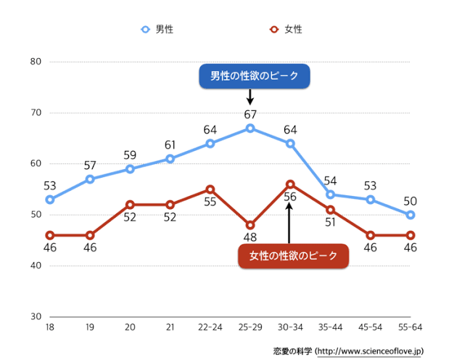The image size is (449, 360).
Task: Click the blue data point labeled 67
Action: pos(250,128)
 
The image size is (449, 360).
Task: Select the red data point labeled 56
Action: pos(290,184)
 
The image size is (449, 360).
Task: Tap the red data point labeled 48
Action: pos(250,225)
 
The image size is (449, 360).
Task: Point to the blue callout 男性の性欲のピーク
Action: pos(255,76)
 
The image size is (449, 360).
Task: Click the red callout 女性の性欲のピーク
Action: pos(293,255)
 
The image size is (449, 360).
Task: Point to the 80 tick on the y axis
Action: pos(35,62)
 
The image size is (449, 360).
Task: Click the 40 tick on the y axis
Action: pos(35,266)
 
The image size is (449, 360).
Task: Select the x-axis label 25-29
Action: pos(250,328)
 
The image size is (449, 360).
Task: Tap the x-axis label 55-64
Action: pos(410,328)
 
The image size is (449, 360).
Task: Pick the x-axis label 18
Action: pos(49,328)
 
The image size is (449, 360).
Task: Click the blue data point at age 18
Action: pos(50,200)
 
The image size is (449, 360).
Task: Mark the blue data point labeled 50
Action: pos(411,215)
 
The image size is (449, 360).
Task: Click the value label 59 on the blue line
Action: pos(130,155)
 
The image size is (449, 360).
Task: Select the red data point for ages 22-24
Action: pos(210,189)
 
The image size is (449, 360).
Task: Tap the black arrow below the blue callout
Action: pos(250,97)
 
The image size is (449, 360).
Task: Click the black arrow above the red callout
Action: pos(289,221)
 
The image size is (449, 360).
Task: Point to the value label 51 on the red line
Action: pos(330,221)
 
